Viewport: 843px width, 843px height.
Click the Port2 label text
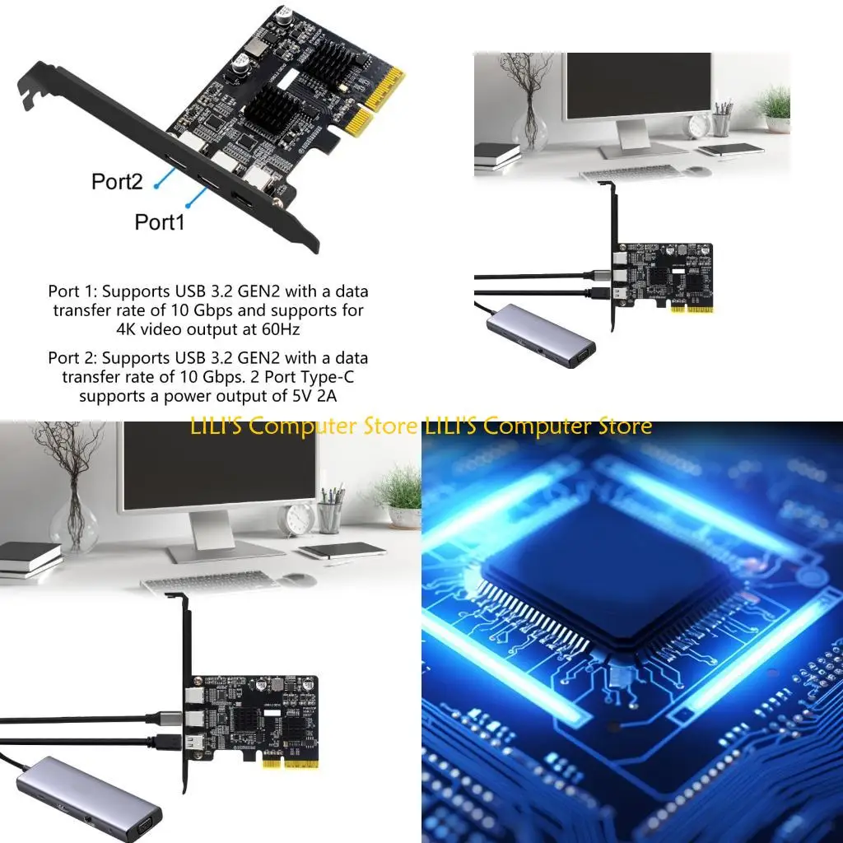[x=118, y=181]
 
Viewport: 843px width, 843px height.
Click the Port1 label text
[x=160, y=221]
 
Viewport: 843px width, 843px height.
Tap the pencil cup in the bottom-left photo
[x=330, y=515]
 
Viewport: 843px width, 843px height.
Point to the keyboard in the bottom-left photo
[x=210, y=581]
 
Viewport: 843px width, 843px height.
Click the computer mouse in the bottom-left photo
[x=299, y=580]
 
